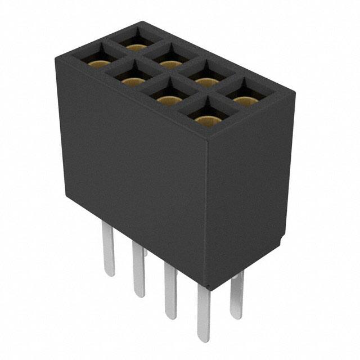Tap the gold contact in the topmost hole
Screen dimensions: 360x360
tap(135, 46)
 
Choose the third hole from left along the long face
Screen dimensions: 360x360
tap(168, 100)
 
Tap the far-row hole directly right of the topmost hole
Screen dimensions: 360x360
tap(170, 64)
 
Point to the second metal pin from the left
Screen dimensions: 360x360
tap(138, 270)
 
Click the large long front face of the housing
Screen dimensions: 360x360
tap(132, 169)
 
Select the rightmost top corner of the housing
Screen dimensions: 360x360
tap(294, 96)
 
